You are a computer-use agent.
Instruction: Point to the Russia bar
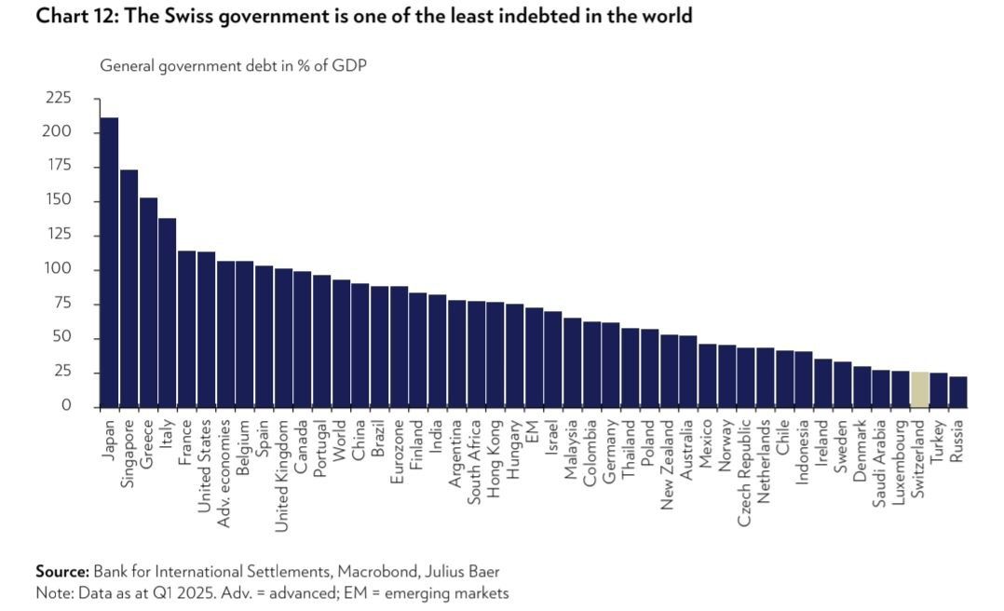[958, 392]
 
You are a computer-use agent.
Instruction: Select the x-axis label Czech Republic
[745, 473]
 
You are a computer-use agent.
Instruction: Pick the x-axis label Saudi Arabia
[880, 463]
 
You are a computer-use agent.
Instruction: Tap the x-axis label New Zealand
[668, 465]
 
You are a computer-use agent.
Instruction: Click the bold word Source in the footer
[61, 571]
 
